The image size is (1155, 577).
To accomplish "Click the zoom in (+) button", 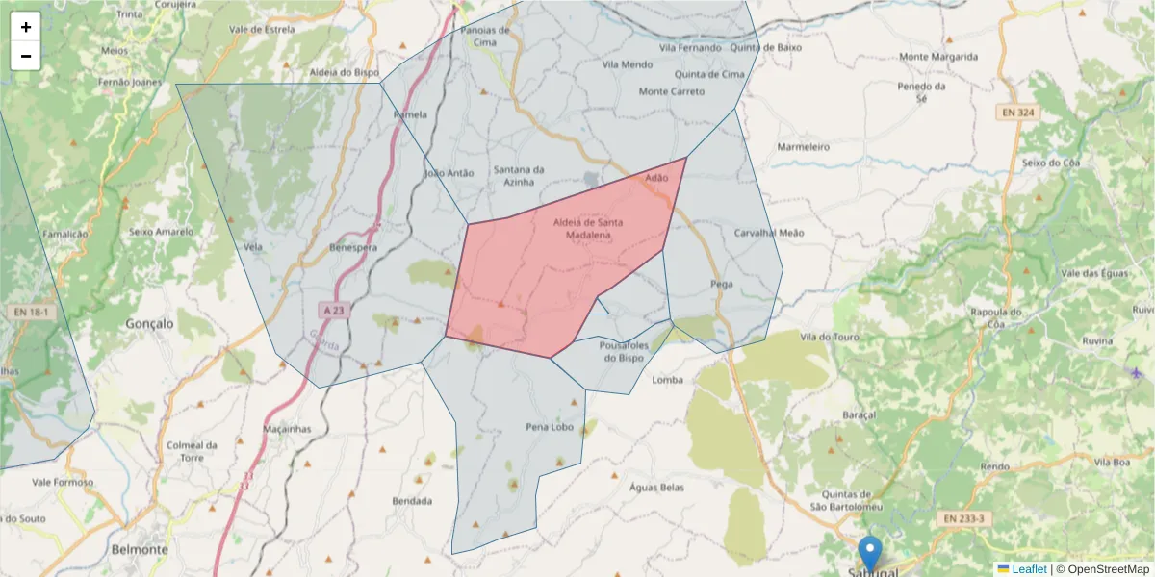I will coord(26,27).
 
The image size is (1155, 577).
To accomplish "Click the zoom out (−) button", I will coord(26,56).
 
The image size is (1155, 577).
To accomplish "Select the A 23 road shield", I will coord(333,311).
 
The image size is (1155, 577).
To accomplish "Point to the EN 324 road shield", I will coord(1017,113).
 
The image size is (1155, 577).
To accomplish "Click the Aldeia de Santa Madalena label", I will coord(588,228).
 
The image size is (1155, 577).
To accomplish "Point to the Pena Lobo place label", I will coord(550,427).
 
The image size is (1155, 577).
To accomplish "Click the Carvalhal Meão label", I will coord(768,233).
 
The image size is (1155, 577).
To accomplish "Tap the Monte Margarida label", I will coord(938,57).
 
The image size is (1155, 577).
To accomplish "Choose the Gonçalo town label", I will coord(150,324).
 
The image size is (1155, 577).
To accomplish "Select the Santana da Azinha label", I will coord(519,175).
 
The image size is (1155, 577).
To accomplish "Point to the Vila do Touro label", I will coord(830,337).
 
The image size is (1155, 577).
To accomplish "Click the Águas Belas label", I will coord(656,488).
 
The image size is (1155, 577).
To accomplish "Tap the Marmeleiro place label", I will coord(803,147).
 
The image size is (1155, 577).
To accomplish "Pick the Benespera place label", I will coord(352,247).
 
